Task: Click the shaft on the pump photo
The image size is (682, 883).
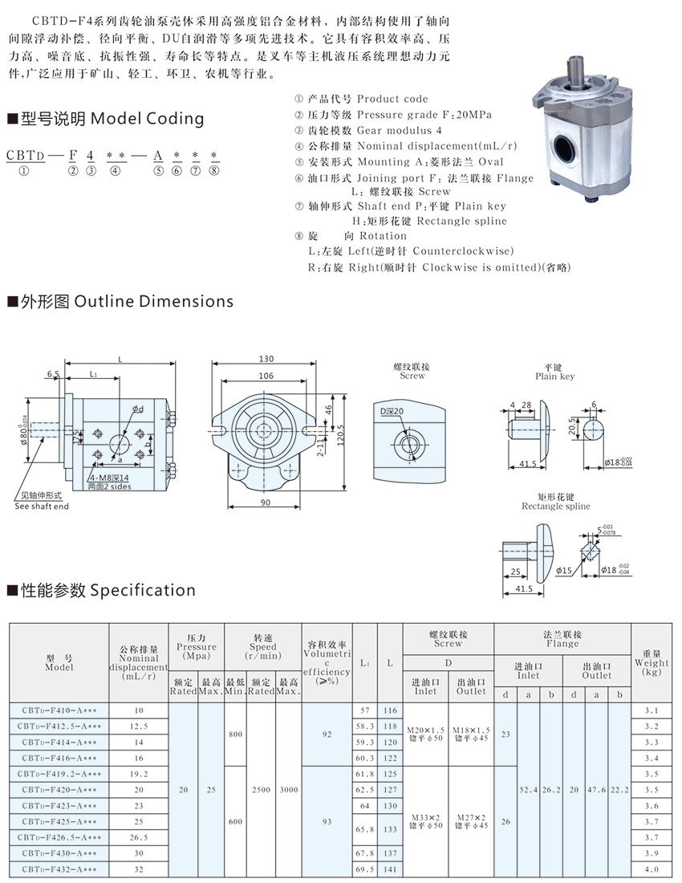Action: click(575, 70)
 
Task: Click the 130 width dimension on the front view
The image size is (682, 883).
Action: click(266, 359)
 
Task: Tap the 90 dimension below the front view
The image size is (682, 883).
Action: click(266, 503)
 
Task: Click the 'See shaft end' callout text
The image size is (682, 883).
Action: click(42, 506)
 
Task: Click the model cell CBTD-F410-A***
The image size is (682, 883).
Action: click(59, 710)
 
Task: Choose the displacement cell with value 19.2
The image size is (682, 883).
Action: click(139, 774)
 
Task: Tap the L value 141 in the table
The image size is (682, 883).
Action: click(391, 869)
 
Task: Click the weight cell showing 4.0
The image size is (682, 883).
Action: click(651, 869)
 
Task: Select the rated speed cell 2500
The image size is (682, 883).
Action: click(262, 790)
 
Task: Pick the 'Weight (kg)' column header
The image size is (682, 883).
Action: click(651, 662)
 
